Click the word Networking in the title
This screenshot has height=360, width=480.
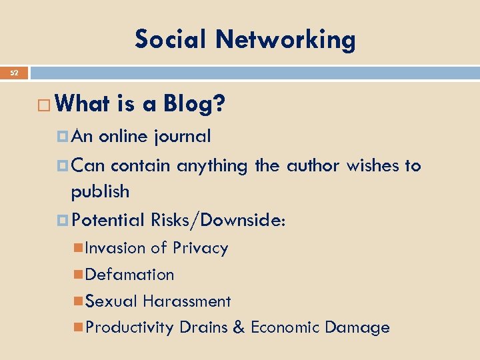tap(285, 40)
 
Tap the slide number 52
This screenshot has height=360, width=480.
tap(14, 73)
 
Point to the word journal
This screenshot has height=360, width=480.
tap(181, 137)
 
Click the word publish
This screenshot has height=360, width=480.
tap(100, 192)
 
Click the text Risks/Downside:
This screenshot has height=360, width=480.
tap(219, 219)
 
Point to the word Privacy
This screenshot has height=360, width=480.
tap(200, 248)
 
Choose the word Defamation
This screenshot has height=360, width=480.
tap(130, 274)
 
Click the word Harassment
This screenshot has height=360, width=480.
tap(187, 301)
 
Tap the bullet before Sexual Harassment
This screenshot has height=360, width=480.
tap(79, 301)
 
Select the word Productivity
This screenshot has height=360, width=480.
tap(129, 327)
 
